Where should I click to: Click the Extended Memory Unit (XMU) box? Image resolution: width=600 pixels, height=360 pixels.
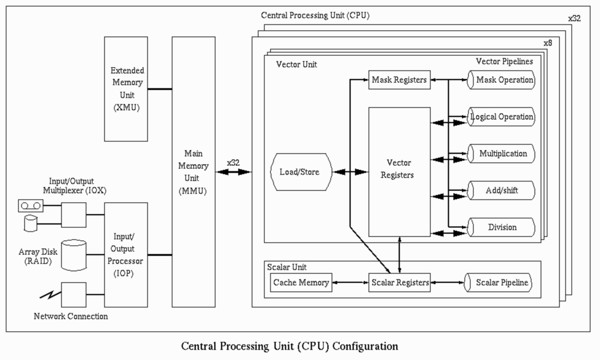point(126,88)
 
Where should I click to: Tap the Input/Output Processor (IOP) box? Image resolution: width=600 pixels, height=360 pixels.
point(126,254)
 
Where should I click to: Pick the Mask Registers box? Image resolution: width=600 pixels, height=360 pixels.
point(399,80)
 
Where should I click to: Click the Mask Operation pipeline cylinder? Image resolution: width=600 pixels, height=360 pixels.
point(502,80)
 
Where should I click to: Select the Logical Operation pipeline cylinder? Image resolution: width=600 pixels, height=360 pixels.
point(502,117)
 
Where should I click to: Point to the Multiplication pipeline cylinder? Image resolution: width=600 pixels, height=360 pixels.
point(502,154)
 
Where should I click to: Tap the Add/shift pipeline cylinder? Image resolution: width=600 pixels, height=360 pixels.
point(502,190)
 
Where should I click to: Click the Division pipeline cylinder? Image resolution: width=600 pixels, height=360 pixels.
point(502,227)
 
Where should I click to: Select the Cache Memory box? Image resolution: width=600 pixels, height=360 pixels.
point(301,283)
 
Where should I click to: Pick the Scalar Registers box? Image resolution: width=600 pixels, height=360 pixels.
point(399,283)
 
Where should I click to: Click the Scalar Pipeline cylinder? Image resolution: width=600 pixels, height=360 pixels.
point(499,283)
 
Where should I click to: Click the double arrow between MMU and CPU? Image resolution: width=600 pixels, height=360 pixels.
point(233,174)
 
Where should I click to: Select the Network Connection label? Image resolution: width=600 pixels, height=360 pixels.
point(71,316)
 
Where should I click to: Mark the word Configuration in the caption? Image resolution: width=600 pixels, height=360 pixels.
point(360,346)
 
